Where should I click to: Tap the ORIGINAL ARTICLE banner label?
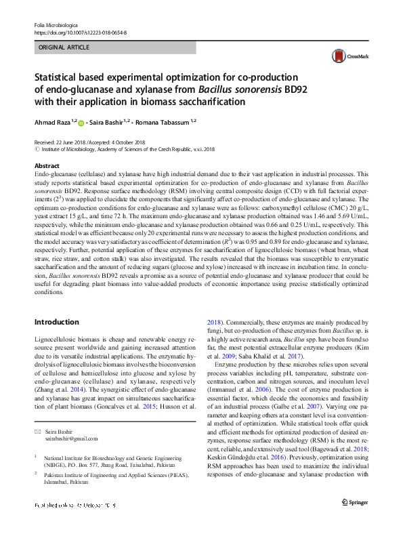point(64,48)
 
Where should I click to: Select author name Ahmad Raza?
point(54,123)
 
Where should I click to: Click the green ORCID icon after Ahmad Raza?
point(82,123)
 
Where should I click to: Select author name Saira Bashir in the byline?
point(112,123)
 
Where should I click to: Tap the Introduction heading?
point(56,322)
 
